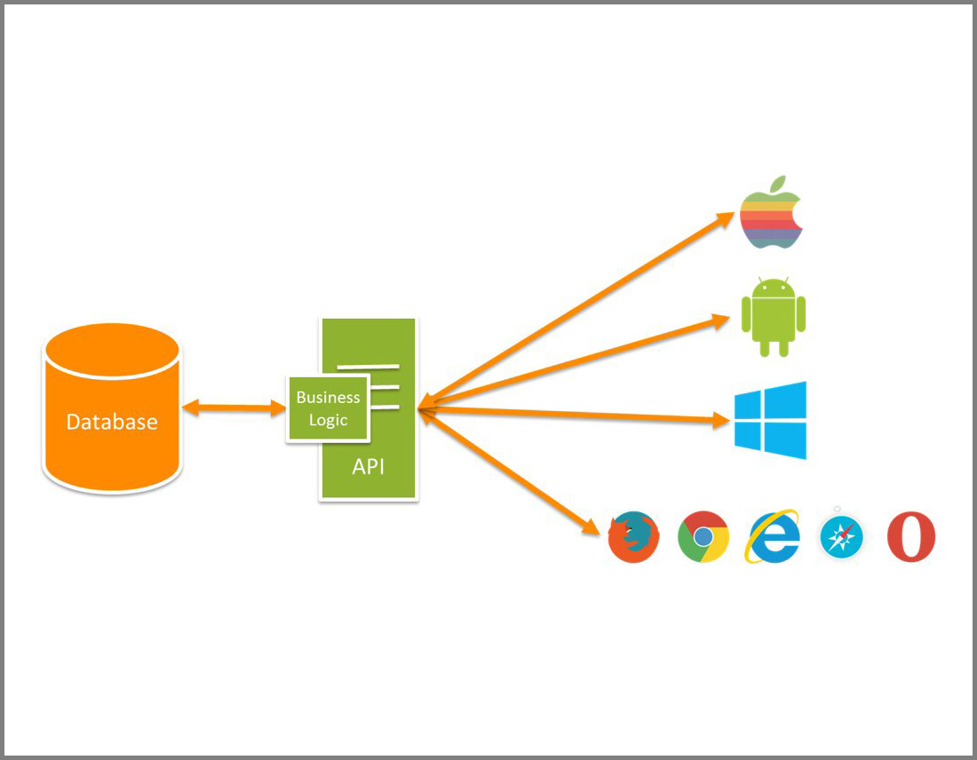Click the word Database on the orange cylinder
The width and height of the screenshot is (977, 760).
point(112,422)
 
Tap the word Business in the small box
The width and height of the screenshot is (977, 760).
point(328,397)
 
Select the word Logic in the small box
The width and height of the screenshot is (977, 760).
point(328,420)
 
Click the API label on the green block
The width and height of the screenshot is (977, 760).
point(369,466)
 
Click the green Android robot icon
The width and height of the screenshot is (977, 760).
point(773,318)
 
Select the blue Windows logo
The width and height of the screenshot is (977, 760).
point(770,420)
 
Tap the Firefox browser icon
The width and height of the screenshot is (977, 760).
point(633,537)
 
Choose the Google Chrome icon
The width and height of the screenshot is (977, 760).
point(703,537)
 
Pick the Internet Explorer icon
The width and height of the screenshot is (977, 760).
point(773,537)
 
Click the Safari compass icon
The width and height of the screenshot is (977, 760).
point(841,538)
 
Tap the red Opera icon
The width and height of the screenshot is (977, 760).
point(911,537)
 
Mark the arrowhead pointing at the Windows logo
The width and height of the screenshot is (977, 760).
point(721,421)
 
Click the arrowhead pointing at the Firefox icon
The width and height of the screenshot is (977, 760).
point(592,525)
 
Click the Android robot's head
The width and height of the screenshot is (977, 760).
point(773,289)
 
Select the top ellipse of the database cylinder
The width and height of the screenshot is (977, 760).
point(112,348)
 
